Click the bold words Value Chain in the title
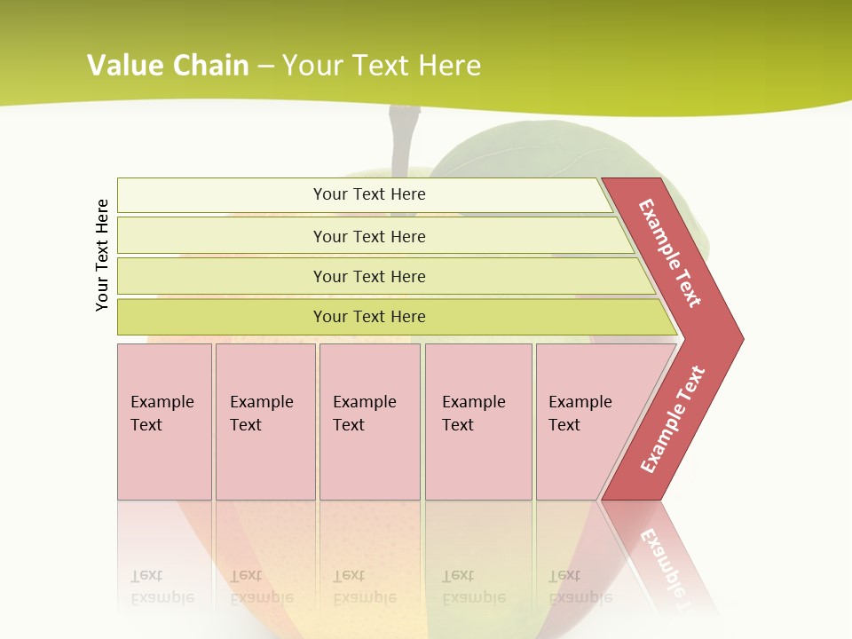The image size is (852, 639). [x=168, y=66]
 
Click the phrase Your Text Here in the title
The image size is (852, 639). [x=382, y=66]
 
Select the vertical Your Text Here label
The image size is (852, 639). [x=102, y=255]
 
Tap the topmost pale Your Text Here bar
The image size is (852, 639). [x=368, y=194]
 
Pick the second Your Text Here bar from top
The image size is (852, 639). [x=368, y=236]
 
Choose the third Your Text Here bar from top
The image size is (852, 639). [x=368, y=276]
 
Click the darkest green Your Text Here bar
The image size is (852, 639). [x=368, y=317]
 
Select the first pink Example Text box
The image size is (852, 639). [x=164, y=421]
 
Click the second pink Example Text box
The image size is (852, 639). [x=264, y=421]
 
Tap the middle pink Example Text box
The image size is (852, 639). [x=369, y=421]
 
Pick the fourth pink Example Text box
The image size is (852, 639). [x=477, y=421]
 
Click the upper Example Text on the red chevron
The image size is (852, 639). [x=670, y=253]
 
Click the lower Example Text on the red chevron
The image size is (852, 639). [x=673, y=420]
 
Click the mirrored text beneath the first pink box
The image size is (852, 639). [x=162, y=588]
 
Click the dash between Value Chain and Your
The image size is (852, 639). [x=265, y=67]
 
